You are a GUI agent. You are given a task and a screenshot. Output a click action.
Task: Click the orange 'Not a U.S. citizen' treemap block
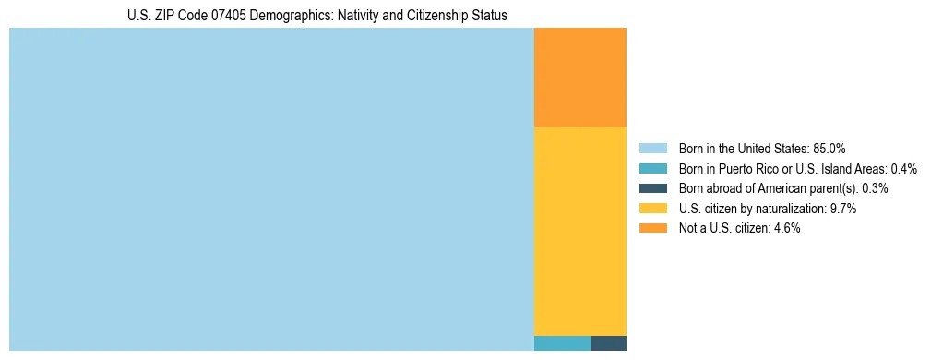tap(579, 77)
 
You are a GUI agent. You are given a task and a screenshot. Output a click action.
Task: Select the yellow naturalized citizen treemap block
tap(579, 231)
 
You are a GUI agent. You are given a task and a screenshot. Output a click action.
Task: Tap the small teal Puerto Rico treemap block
tap(562, 343)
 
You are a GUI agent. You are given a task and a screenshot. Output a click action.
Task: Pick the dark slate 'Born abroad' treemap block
tap(608, 343)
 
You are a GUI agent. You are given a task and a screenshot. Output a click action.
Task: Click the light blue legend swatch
tap(652, 149)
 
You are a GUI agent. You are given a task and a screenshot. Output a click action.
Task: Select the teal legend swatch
tap(652, 169)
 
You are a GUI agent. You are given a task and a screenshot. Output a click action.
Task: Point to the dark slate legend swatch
tap(652, 188)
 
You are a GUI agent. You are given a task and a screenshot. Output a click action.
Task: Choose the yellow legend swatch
tap(652, 209)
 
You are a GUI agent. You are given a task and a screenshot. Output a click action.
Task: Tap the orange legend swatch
tap(652, 229)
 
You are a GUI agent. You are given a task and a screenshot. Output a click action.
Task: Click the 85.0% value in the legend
tap(830, 149)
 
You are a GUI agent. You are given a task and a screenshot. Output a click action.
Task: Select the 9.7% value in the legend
tap(843, 209)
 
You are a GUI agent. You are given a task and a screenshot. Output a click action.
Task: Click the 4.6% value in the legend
tap(787, 229)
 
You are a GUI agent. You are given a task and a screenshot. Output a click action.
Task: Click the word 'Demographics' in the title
tap(289, 16)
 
